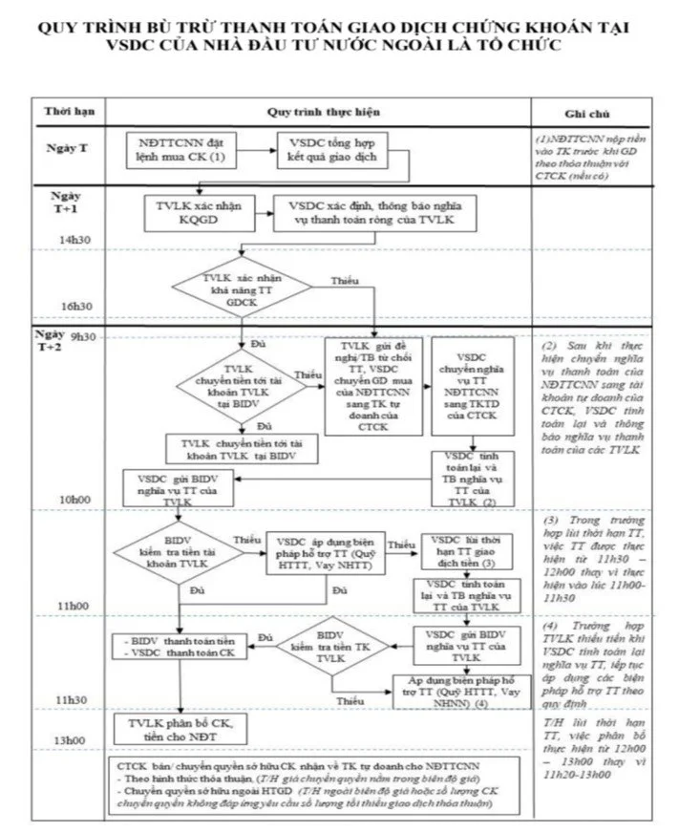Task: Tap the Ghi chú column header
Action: (x=599, y=112)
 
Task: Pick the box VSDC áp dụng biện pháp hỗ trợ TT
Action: (x=326, y=552)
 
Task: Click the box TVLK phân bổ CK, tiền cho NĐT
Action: (x=180, y=731)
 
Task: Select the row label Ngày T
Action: (x=67, y=149)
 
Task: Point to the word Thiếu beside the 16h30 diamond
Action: (x=344, y=281)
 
